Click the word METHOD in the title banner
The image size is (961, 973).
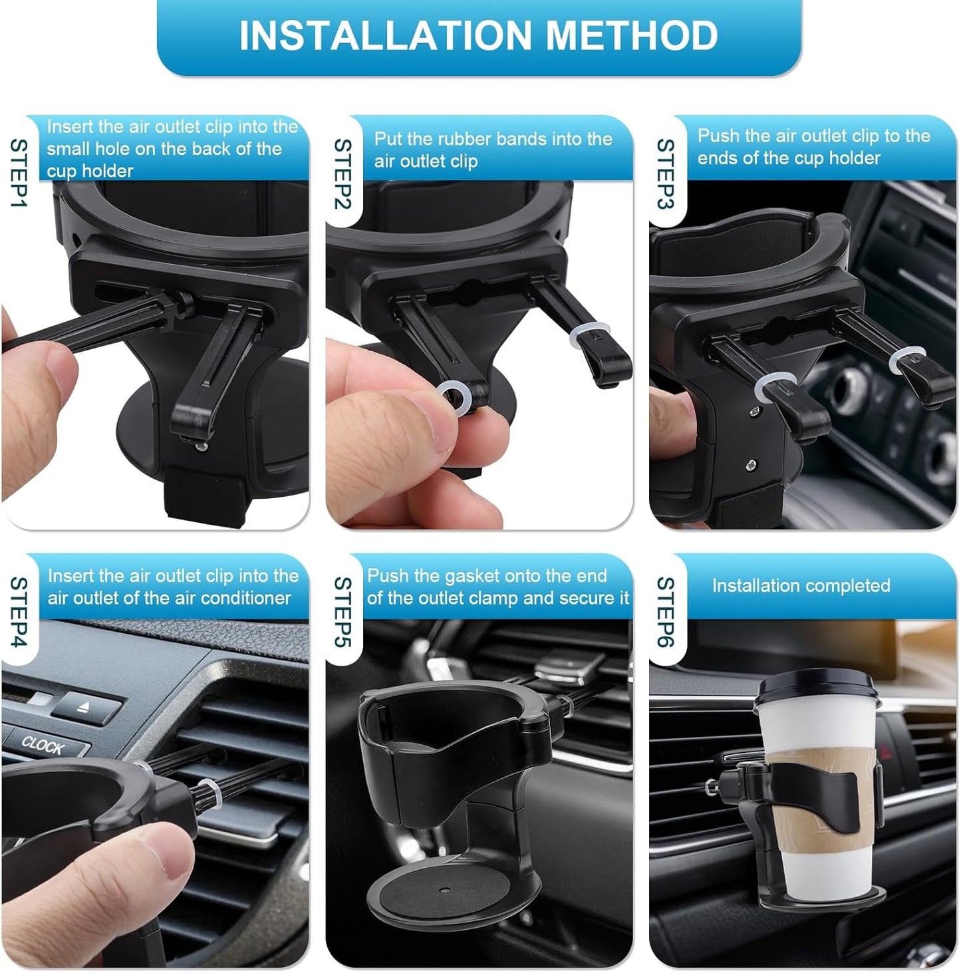pyautogui.click(x=632, y=36)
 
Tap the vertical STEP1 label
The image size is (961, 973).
pyautogui.click(x=19, y=173)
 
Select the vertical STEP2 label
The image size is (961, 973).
pyautogui.click(x=343, y=174)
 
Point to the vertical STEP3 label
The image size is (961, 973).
pyautogui.click(x=666, y=174)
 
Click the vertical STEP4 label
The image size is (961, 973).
pyautogui.click(x=19, y=611)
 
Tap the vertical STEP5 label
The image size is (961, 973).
pyautogui.click(x=343, y=611)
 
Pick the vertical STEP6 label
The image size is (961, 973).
pyautogui.click(x=666, y=611)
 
